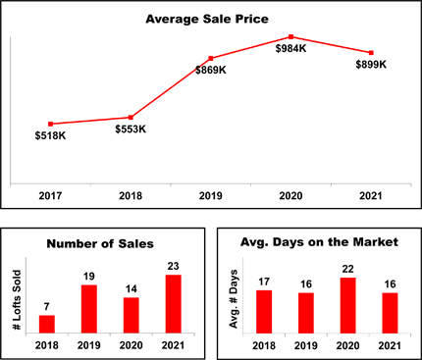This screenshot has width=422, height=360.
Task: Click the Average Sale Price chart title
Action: pyautogui.click(x=207, y=19)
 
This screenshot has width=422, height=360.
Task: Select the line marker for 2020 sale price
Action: pyautogui.click(x=290, y=36)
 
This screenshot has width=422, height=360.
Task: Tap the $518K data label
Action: pyautogui.click(x=50, y=135)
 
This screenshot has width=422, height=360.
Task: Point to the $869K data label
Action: pyautogui.click(x=211, y=70)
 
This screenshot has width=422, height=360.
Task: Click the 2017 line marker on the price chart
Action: pyautogui.click(x=50, y=124)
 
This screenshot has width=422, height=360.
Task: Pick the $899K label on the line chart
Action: pyautogui.click(x=371, y=65)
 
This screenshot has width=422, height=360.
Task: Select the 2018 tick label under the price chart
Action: pyautogui.click(x=131, y=196)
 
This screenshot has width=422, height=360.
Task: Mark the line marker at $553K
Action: pyautogui.click(x=131, y=118)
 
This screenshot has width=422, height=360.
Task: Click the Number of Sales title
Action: pyautogui.click(x=100, y=244)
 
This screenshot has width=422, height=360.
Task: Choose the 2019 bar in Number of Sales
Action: pyautogui.click(x=89, y=309)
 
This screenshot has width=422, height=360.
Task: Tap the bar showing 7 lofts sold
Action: pyautogui.click(x=47, y=325)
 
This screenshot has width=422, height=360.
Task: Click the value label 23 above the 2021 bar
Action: pyautogui.click(x=173, y=266)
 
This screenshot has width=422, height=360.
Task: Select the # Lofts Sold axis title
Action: pyautogui.click(x=18, y=299)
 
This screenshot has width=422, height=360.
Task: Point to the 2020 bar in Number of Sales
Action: pyautogui.click(x=132, y=315)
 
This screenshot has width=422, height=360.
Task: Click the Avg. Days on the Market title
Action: pyautogui.click(x=319, y=242)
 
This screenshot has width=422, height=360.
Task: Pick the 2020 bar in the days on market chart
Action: pyautogui.click(x=348, y=305)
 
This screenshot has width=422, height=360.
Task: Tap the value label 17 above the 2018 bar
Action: pyautogui.click(x=264, y=282)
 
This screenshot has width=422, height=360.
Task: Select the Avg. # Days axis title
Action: pyautogui.click(x=234, y=299)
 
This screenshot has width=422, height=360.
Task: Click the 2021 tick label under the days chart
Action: pyautogui.click(x=390, y=345)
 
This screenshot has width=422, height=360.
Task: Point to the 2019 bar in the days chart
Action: pyautogui.click(x=306, y=313)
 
